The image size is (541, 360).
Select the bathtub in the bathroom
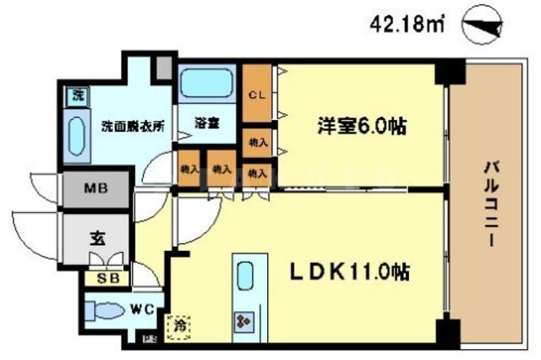(x=208, y=85)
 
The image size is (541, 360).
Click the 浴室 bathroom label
(x=207, y=123)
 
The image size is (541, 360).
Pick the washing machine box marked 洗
(x=75, y=95)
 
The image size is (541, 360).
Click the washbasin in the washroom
(x=74, y=135)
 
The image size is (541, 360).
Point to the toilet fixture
(x=107, y=310)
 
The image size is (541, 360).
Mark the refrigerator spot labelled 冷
(x=180, y=323)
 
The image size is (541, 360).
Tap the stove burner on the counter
(x=245, y=322)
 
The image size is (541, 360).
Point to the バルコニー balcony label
(x=489, y=203)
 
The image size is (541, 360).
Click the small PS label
(x=150, y=340)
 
